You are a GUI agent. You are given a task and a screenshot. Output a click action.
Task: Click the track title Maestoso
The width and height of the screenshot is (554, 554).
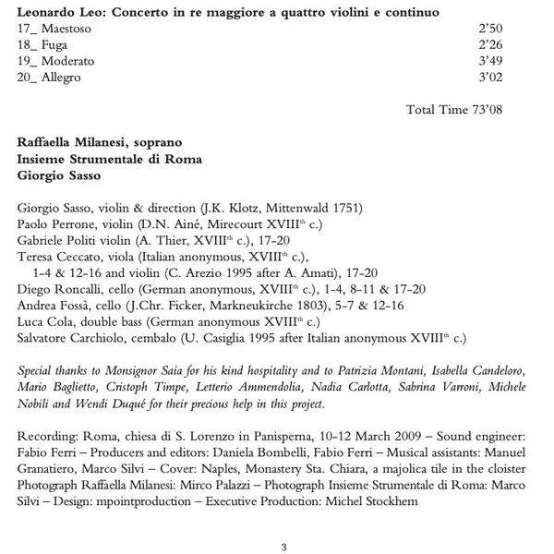70,30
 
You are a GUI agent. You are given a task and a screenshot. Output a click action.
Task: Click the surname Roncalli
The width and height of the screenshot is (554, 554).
84,289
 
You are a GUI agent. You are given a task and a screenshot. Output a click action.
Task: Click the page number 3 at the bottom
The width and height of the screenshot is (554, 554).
283,546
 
